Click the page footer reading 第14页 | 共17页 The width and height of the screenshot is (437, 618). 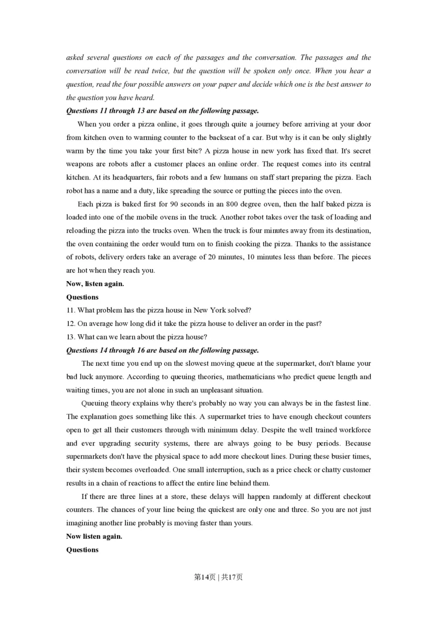pyautogui.click(x=218, y=577)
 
